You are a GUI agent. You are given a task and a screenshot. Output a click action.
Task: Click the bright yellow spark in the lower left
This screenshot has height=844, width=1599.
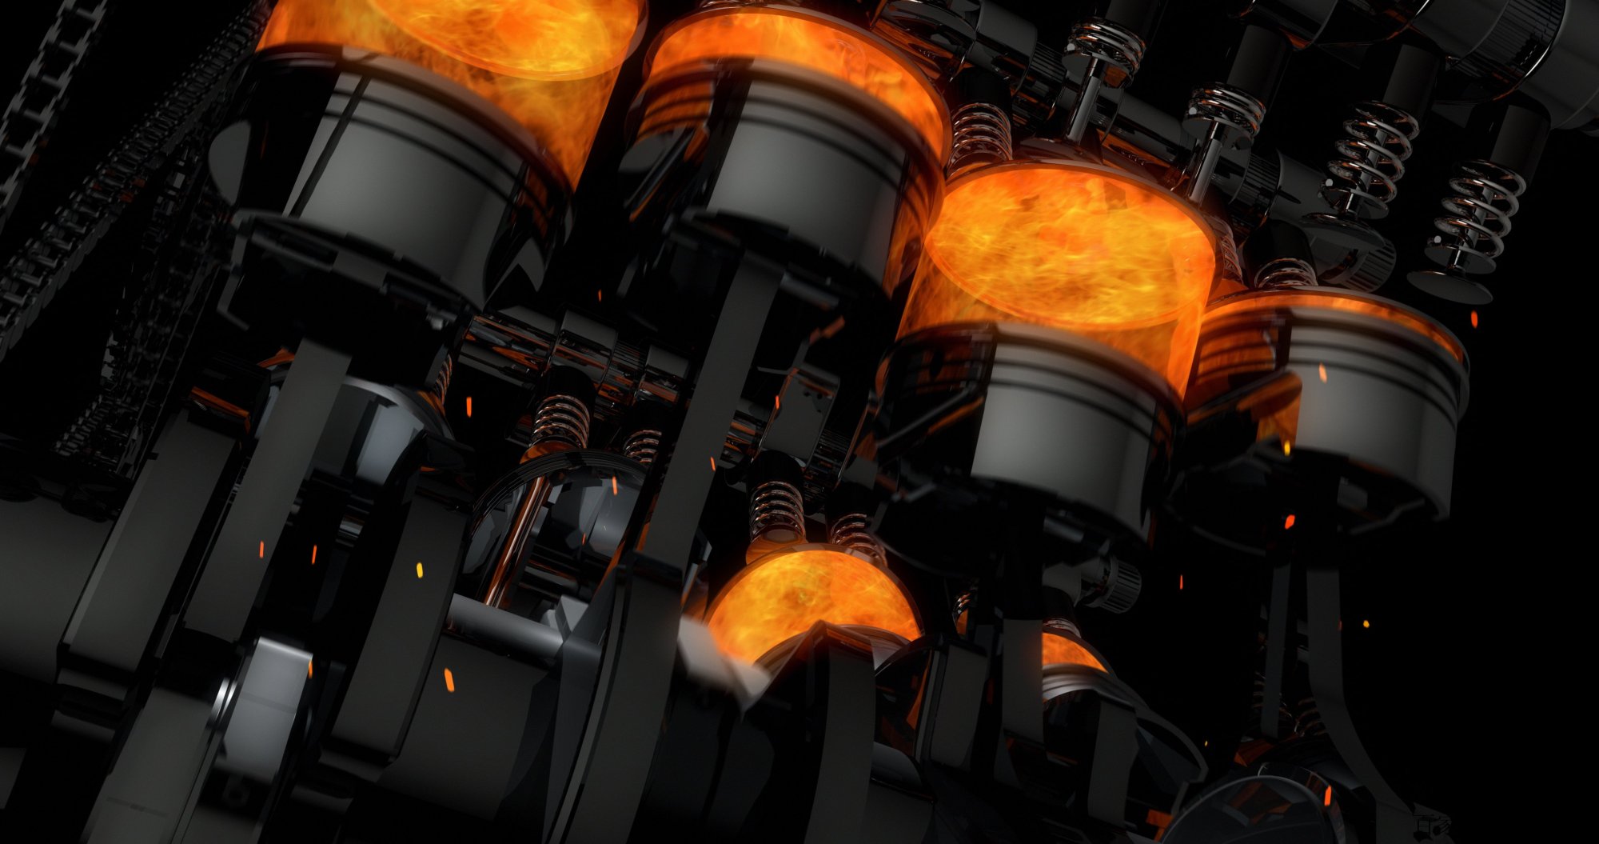tap(419, 569)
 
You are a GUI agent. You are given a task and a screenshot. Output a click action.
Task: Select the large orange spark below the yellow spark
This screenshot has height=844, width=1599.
tap(449, 679)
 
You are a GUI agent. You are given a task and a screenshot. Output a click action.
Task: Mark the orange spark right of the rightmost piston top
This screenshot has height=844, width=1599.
tap(1473, 319)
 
